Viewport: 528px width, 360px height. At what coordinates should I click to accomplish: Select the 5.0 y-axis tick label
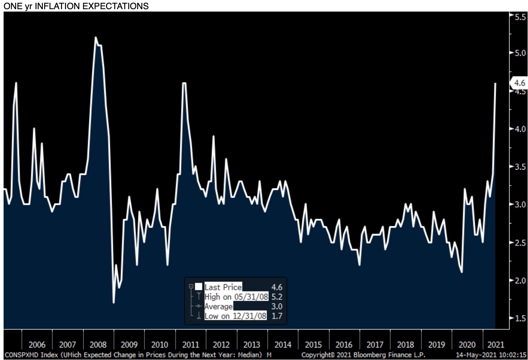(x=520, y=53)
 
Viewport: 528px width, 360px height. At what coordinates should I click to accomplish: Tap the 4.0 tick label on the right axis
(x=520, y=129)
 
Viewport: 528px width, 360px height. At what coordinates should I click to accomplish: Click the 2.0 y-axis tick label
(x=520, y=281)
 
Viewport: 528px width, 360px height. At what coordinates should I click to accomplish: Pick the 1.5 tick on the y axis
(x=520, y=318)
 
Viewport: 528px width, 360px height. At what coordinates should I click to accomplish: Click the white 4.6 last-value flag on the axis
(x=519, y=83)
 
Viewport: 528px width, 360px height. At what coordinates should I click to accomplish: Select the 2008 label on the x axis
(x=98, y=345)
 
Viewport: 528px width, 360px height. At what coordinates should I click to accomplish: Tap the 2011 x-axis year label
(x=191, y=345)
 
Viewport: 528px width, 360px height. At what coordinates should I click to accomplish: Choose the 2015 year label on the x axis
(x=313, y=345)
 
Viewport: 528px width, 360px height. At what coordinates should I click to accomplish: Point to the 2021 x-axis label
(x=496, y=345)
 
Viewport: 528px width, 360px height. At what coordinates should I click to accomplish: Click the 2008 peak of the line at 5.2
(x=96, y=37)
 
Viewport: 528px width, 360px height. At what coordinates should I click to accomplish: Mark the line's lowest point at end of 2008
(x=114, y=303)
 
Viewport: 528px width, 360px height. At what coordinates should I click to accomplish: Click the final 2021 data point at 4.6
(x=495, y=83)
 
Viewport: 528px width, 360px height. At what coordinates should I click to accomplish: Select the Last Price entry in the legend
(x=223, y=287)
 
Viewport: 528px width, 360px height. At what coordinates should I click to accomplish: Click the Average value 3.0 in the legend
(x=277, y=307)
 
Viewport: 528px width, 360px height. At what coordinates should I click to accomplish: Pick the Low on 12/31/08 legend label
(x=235, y=316)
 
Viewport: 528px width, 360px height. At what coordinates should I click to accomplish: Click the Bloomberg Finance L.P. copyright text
(x=363, y=355)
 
